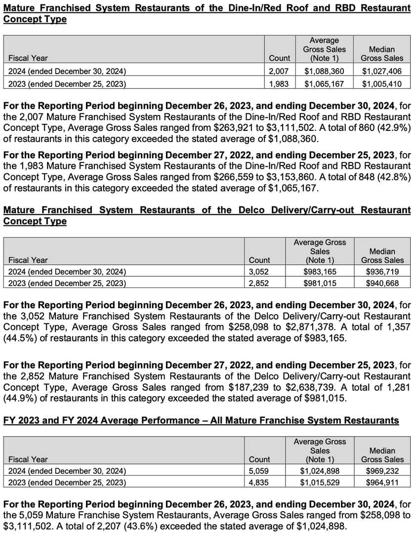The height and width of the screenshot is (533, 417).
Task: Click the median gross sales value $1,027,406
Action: (x=382, y=71)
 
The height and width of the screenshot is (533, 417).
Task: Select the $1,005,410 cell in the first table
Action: (x=382, y=84)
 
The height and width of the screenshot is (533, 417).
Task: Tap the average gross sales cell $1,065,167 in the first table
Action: (x=324, y=84)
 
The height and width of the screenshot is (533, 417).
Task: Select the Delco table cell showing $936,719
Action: (x=382, y=272)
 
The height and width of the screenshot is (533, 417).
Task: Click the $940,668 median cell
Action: (x=382, y=284)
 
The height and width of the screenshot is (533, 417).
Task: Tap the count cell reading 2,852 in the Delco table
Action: (x=259, y=284)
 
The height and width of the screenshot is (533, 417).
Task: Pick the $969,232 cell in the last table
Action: (x=382, y=471)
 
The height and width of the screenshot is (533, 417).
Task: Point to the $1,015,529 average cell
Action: (x=320, y=483)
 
